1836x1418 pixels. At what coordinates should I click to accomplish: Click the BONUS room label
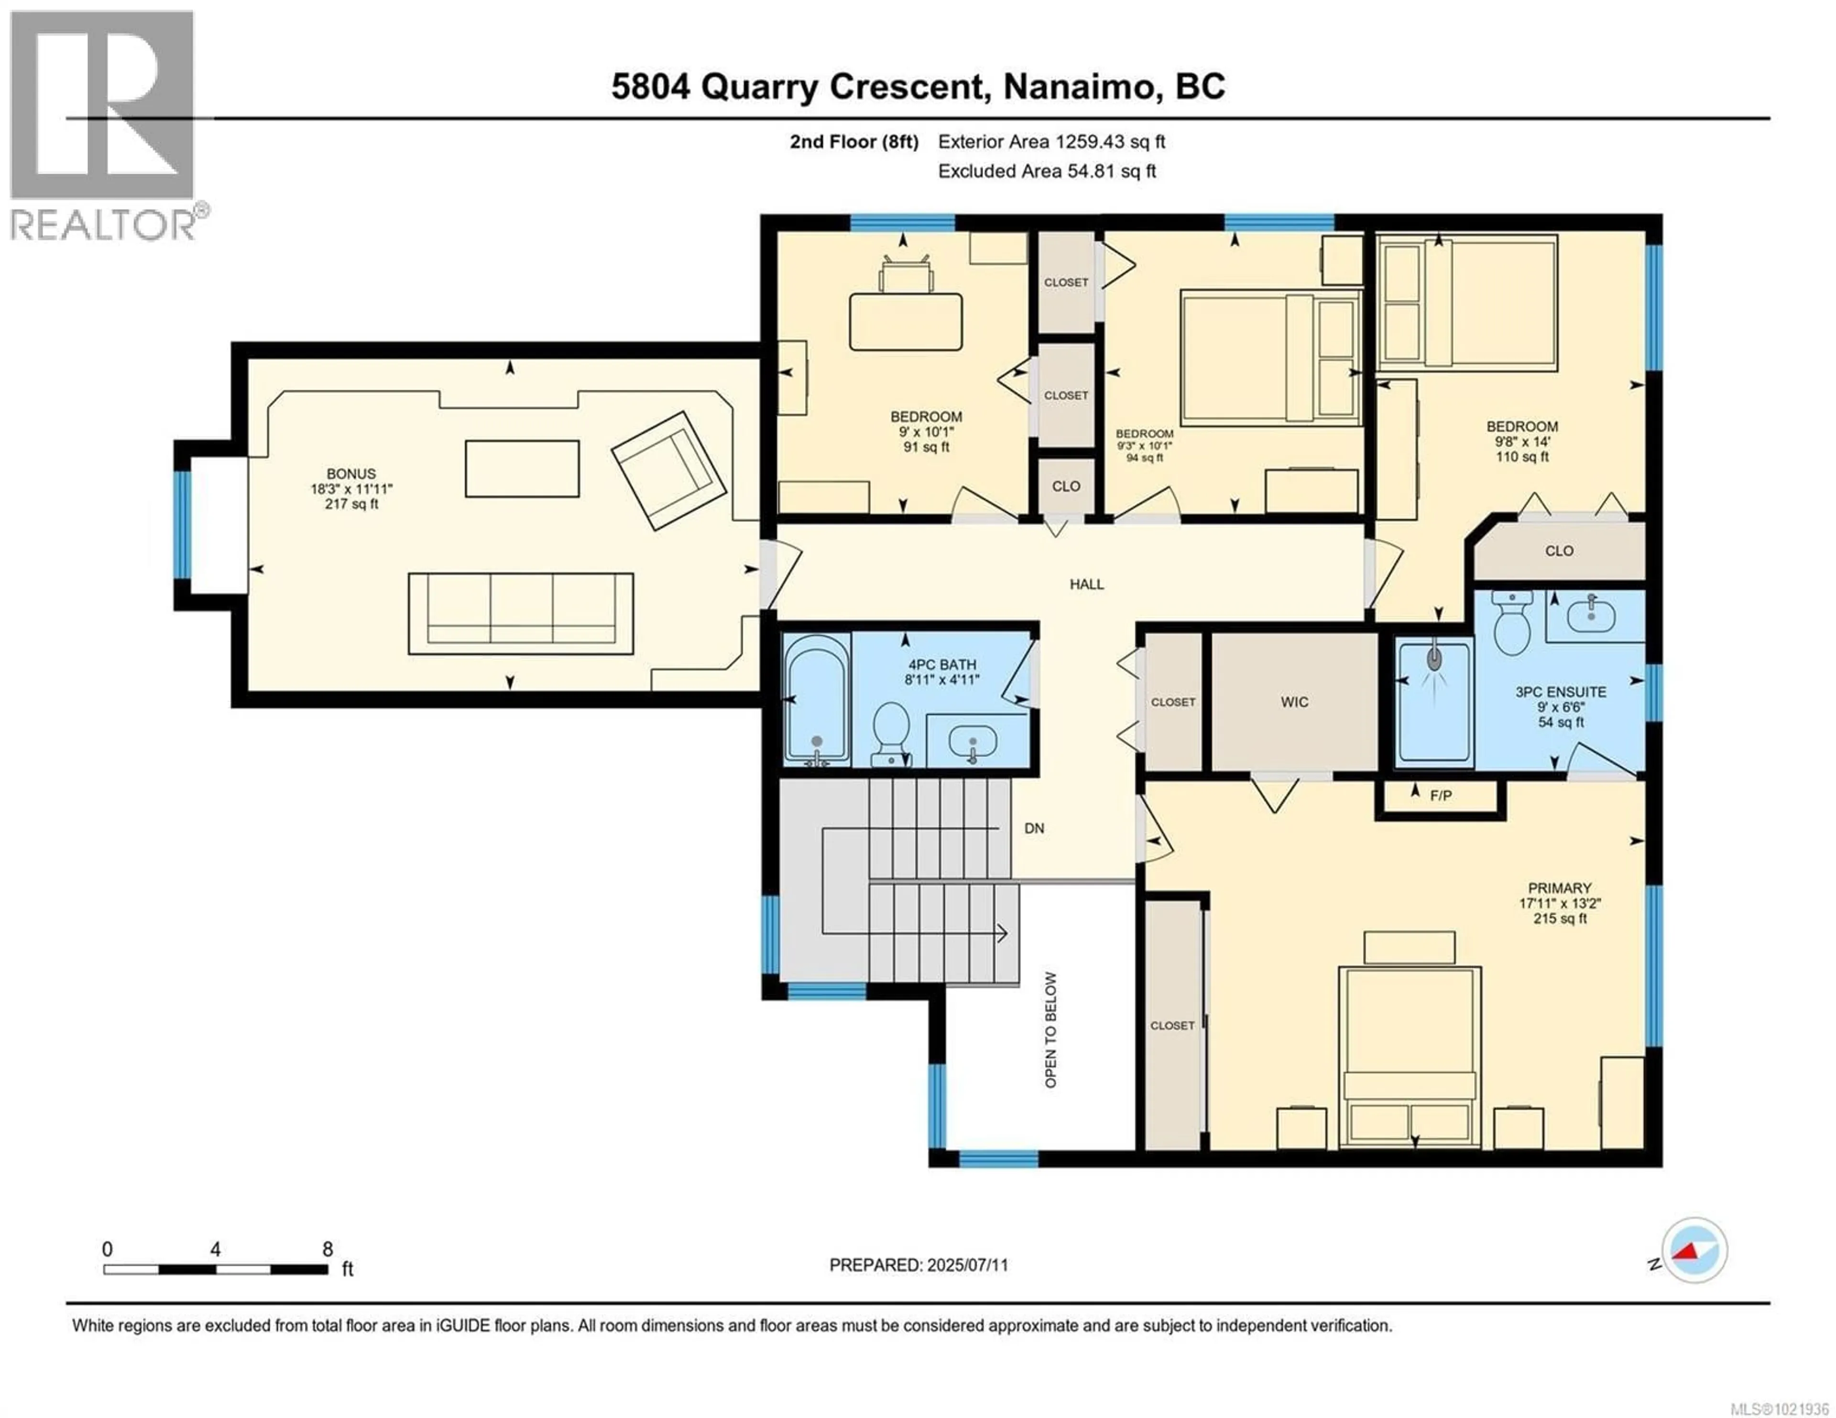351,474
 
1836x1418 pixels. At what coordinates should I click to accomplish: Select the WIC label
1295,702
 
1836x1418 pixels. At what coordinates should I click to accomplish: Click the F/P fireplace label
1441,795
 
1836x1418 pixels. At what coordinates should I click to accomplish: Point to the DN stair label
1034,828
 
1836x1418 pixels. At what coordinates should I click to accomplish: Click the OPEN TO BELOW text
1051,1029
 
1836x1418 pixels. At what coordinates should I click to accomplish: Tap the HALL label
1086,584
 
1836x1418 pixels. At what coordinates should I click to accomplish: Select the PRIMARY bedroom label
1560,888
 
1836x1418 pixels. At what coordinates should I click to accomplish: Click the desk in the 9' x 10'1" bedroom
906,321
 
